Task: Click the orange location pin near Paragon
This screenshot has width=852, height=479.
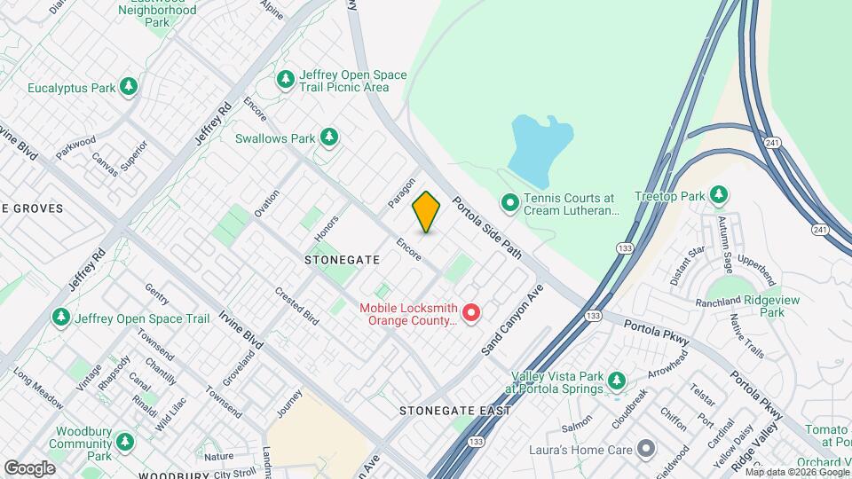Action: click(426, 212)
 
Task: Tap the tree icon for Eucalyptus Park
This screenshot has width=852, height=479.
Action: click(130, 87)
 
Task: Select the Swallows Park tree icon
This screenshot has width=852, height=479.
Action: click(329, 137)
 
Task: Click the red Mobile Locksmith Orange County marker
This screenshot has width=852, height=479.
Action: click(471, 312)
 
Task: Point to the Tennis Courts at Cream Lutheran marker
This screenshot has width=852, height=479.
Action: click(509, 203)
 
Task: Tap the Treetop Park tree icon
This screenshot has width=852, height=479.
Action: click(718, 195)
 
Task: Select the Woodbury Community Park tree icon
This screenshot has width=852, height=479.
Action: click(125, 442)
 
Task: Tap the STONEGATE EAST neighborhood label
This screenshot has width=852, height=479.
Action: click(454, 411)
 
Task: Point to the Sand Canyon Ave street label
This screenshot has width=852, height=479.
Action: click(513, 320)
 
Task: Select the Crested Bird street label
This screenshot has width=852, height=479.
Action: click(296, 305)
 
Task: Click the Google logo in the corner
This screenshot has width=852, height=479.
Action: click(29, 467)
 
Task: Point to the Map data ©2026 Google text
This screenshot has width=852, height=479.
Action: click(795, 471)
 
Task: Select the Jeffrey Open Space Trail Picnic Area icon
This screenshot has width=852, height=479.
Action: click(285, 80)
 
